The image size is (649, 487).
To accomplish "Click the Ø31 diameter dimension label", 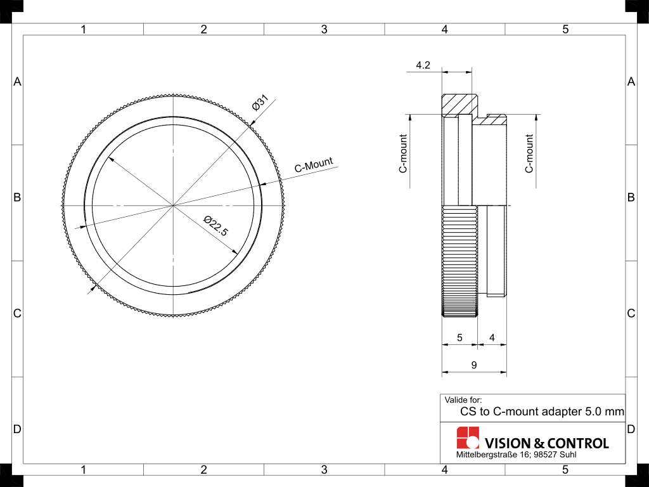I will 260,103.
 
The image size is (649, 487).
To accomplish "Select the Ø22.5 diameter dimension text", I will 215,226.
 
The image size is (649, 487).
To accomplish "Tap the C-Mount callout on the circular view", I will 313,166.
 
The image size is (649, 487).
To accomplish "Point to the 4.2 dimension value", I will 423,65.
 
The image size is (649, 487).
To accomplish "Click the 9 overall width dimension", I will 473,365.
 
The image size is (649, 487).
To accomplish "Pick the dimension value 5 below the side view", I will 459,338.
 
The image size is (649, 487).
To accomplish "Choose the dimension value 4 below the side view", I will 492,338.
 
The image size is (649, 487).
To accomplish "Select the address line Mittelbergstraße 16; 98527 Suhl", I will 516,455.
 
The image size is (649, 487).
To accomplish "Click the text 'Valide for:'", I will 463,399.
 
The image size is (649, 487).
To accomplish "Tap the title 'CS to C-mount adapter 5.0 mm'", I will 542,412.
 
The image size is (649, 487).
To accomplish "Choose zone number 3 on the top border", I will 324,29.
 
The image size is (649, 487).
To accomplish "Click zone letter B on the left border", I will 17,197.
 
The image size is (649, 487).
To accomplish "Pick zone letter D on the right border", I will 631,429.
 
